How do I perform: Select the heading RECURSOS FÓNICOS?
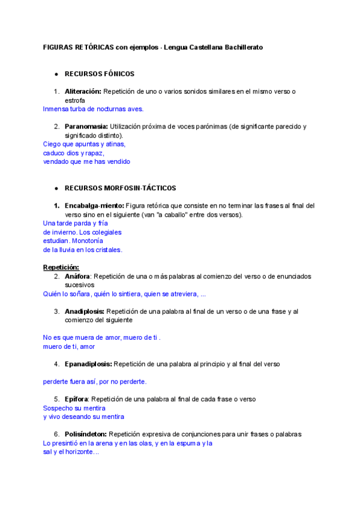pyautogui.click(x=100, y=74)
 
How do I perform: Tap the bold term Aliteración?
pyautogui.click(x=83, y=91)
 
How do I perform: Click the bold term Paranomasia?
pyautogui.click(x=86, y=126)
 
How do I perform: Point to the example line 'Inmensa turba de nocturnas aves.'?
pyautogui.click(x=94, y=109)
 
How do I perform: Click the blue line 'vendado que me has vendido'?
pyautogui.click(x=86, y=161)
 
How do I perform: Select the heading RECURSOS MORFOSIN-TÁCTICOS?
pyautogui.click(x=120, y=188)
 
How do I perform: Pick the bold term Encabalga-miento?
pyautogui.click(x=94, y=205)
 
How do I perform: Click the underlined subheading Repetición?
pyautogui.click(x=61, y=267)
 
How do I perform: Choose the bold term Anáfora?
pyautogui.click(x=78, y=276)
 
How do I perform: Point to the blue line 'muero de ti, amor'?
pyautogui.click(x=69, y=346)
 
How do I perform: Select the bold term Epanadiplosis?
pyautogui.click(x=88, y=364)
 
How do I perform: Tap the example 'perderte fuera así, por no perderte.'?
pyautogui.click(x=95, y=381)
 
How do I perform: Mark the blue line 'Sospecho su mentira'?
pyautogui.click(x=74, y=408)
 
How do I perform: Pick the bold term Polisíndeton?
pyautogui.click(x=86, y=434)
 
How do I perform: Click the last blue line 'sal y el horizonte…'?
pyautogui.click(x=71, y=452)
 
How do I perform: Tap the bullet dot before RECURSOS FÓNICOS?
pyautogui.click(x=56, y=74)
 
